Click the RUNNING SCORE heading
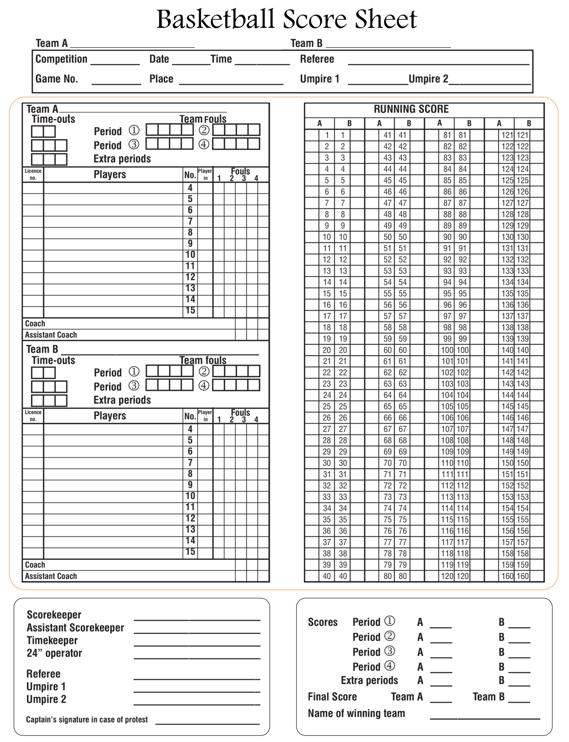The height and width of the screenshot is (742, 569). pos(411,109)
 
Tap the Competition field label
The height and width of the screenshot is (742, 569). pos(61,59)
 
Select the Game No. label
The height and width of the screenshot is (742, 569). pos(57,79)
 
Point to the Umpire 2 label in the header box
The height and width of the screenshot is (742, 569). pos(428,79)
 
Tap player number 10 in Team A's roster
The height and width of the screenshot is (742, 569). pos(190,255)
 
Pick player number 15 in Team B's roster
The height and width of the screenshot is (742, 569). pos(190,552)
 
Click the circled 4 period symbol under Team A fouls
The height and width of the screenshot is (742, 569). pos(204,144)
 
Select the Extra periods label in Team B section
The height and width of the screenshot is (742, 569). pos(122,400)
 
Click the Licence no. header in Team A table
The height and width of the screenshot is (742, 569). pos(33,174)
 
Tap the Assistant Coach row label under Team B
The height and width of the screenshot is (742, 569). pos(51,576)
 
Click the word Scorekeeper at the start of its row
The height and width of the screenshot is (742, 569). pos(54,615)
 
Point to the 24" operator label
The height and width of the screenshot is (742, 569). pos(54,653)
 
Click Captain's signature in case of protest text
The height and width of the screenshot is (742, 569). pos(87,720)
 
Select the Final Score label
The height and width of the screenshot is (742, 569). pos(332,697)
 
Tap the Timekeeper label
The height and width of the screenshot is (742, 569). pos(52,640)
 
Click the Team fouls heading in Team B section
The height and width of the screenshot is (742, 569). pos(203,360)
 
